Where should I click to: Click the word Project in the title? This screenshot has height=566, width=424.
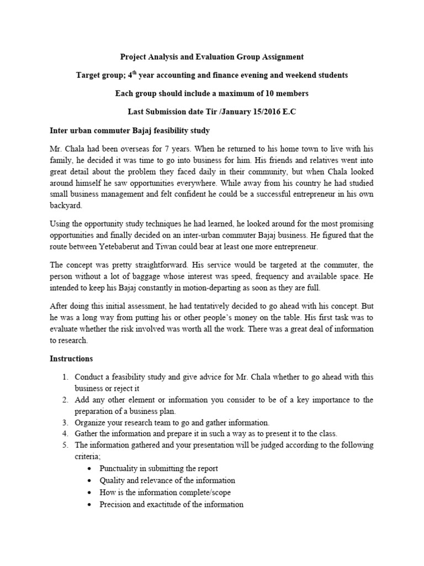coord(134,56)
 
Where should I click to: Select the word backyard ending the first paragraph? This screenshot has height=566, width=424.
coord(66,205)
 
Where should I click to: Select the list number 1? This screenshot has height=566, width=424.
coord(65,377)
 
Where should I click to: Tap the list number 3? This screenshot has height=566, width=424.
coord(65,422)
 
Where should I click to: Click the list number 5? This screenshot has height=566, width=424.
coord(65,445)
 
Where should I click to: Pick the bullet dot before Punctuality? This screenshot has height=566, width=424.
coord(90,468)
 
